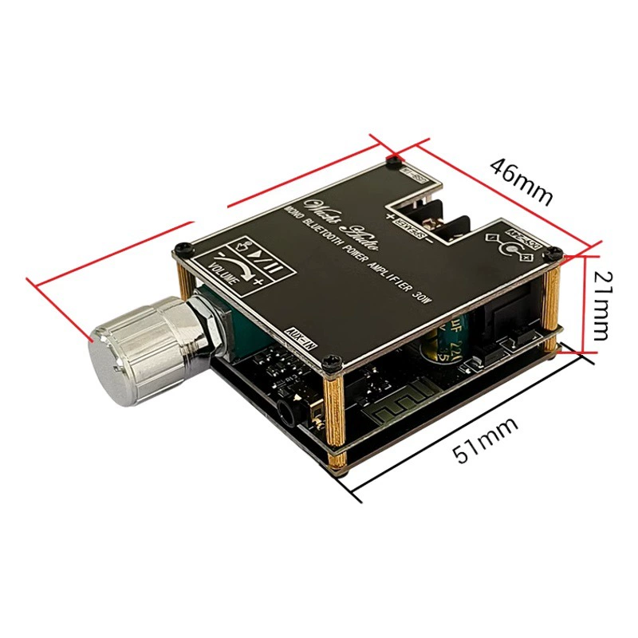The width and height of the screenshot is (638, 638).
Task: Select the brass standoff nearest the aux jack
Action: (336, 415)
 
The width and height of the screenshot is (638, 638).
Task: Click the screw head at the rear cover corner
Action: (394, 161)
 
